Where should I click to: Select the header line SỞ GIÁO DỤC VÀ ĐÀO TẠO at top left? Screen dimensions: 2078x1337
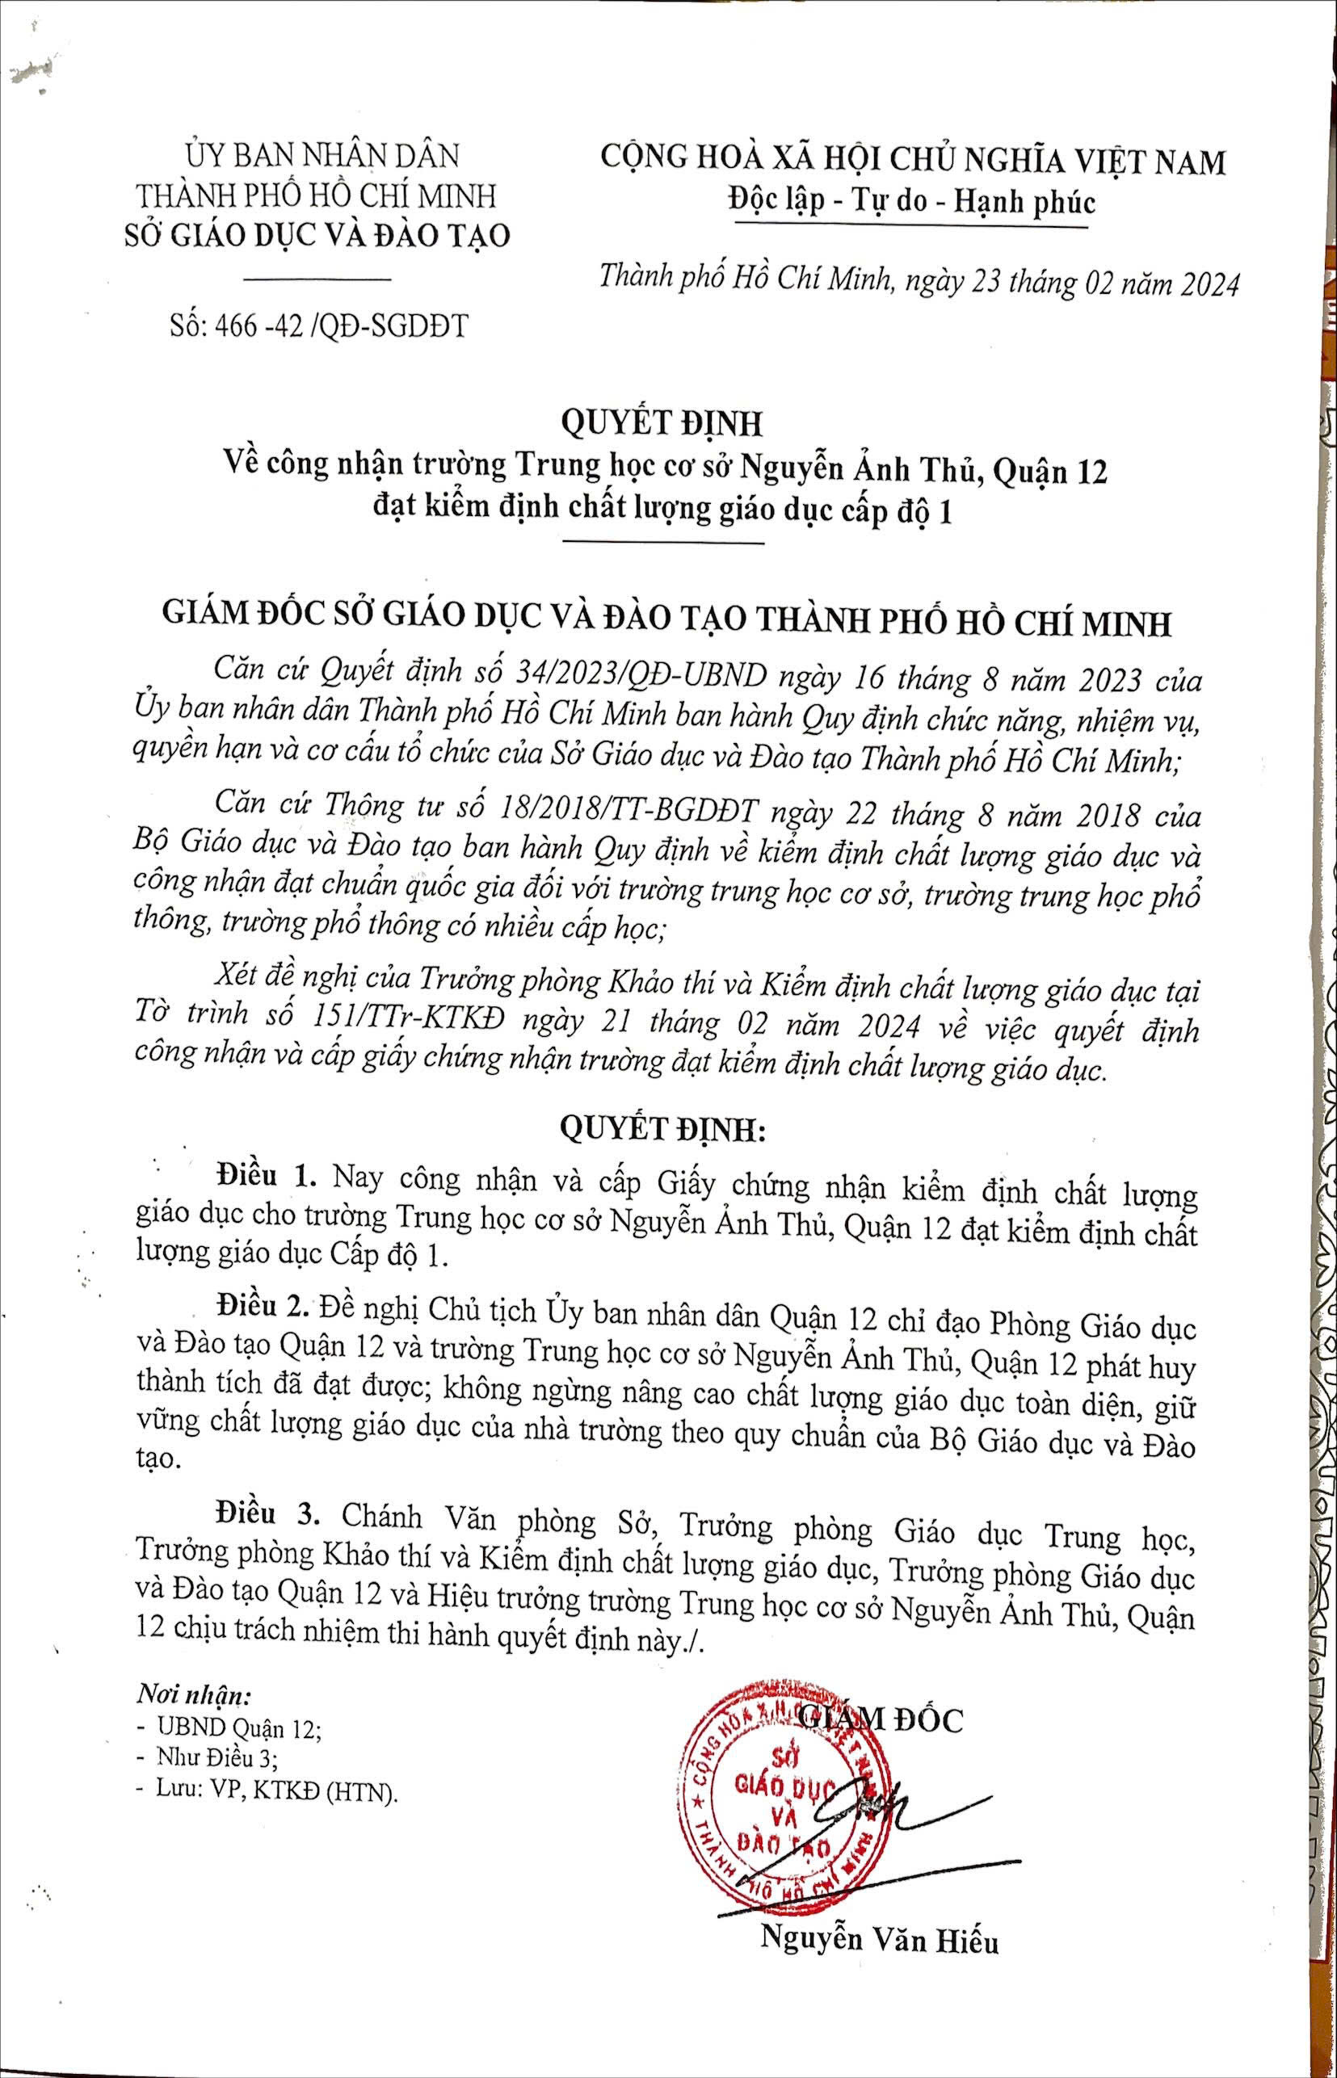[316, 235]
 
